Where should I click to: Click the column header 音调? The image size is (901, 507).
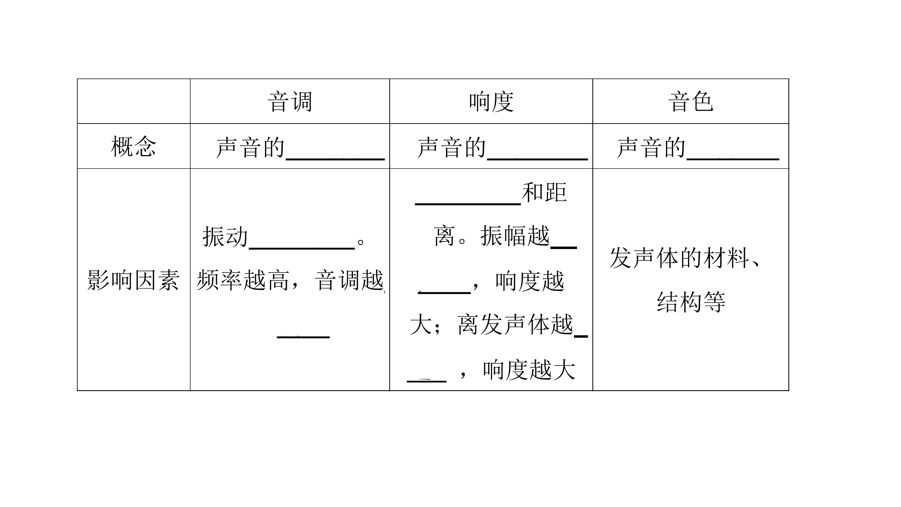(x=290, y=101)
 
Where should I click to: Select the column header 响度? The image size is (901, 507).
(x=491, y=101)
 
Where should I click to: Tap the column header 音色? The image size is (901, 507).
(x=690, y=101)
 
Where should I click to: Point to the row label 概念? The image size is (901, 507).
(x=134, y=146)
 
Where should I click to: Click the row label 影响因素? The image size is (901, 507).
(x=133, y=280)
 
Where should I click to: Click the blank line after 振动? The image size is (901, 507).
(x=302, y=248)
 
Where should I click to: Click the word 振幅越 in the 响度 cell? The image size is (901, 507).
(x=515, y=236)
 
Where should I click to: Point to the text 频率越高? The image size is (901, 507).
(x=243, y=280)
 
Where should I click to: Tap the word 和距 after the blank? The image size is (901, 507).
(x=544, y=192)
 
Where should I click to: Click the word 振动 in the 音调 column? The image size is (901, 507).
(x=225, y=237)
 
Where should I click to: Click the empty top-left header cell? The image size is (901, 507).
(x=134, y=101)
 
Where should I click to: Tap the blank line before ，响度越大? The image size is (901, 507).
(x=426, y=381)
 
